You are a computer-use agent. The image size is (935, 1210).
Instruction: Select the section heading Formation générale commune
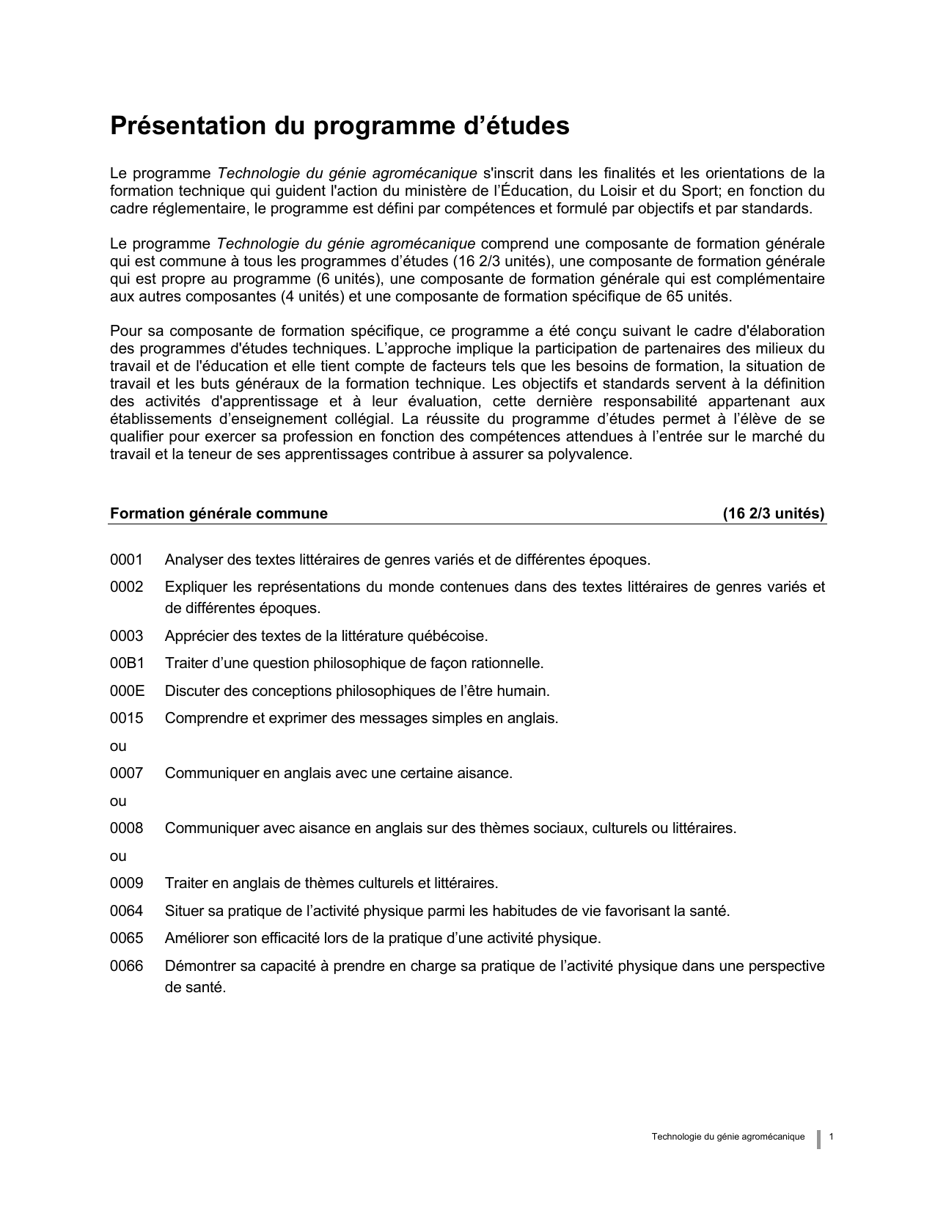tap(219, 513)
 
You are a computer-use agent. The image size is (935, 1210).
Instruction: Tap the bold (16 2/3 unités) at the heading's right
tap(774, 513)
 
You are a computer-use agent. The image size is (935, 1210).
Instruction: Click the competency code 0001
tap(126, 560)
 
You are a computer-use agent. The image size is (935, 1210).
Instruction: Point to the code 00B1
tap(127, 664)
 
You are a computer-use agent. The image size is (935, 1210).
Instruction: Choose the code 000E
tap(127, 691)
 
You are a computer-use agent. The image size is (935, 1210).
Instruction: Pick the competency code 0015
tap(126, 719)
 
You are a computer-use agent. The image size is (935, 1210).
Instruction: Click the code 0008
tap(126, 829)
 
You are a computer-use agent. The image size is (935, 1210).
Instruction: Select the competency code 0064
tap(126, 912)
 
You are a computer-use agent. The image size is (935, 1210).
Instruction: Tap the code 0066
tap(126, 967)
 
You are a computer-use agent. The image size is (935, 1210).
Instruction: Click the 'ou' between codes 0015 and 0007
tap(118, 747)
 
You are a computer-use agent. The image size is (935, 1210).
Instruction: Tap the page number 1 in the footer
tap(832, 1137)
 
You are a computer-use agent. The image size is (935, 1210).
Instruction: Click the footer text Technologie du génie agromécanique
tap(727, 1137)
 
